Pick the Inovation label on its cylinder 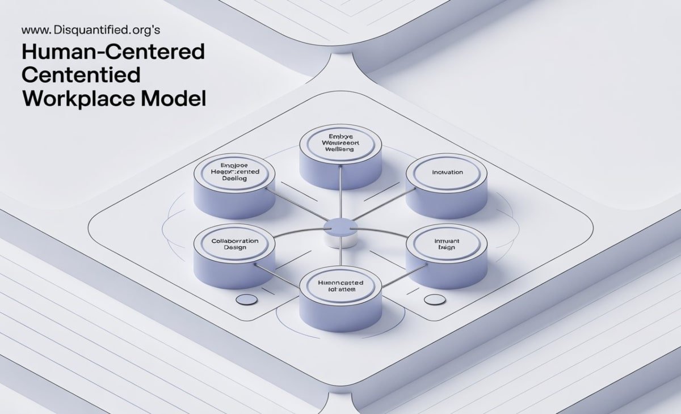click(447, 172)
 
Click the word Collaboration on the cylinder click(234, 240)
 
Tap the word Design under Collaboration click(234, 248)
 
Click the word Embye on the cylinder click(340, 136)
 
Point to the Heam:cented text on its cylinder click(234, 171)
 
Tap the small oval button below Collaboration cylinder click(246, 299)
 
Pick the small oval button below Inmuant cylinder click(435, 299)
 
